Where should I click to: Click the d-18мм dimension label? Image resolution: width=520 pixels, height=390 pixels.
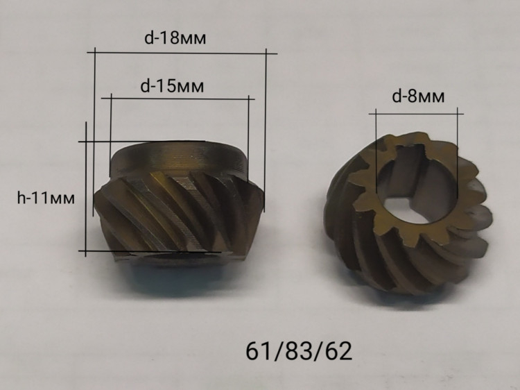(175, 38)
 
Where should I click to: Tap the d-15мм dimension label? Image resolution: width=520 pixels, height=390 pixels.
(172, 86)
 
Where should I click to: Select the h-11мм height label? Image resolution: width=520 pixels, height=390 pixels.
(46, 198)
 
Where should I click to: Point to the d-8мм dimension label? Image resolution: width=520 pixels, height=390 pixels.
(418, 96)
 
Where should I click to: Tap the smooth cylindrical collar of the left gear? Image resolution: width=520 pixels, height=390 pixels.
(178, 158)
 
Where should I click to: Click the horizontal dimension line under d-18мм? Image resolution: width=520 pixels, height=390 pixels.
(182, 53)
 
